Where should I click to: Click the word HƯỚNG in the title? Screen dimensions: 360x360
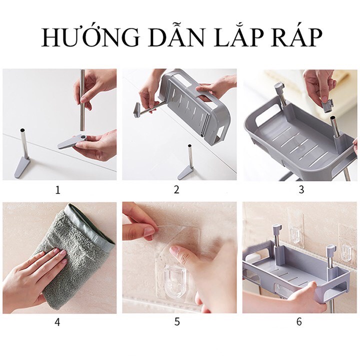[x=90, y=37]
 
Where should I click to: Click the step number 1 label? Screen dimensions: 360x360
[x=57, y=190]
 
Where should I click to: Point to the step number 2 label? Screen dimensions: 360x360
[x=176, y=189]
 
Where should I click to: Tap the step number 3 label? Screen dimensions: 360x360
[x=301, y=189]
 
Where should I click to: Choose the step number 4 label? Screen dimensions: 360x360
[x=57, y=322]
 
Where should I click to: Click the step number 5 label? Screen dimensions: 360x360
[x=177, y=321]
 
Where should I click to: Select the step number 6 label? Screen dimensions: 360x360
[x=299, y=321]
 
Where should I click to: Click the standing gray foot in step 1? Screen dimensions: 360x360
[x=22, y=167]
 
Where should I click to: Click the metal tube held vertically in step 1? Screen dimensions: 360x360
[x=82, y=101]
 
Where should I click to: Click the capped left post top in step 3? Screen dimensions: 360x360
[x=279, y=87]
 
